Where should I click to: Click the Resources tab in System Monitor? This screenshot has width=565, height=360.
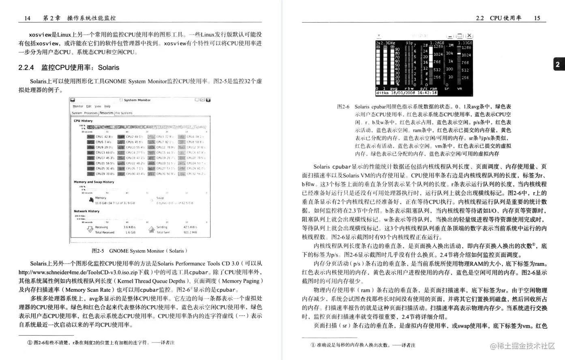106,113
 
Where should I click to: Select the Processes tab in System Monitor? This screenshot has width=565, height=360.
91,113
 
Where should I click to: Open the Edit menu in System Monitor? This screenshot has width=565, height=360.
88,106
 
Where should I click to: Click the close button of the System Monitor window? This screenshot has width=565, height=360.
208,100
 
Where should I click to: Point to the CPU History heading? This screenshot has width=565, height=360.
83,121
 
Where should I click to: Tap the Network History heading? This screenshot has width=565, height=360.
86,211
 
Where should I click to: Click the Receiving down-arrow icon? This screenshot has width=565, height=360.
90,229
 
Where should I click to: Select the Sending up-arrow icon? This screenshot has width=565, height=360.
151,229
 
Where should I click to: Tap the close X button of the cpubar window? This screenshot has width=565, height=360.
469,36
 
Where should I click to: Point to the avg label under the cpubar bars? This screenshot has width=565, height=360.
393,88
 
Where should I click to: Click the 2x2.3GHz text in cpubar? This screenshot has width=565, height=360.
385,43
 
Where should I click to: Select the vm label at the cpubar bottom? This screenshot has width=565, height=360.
460,88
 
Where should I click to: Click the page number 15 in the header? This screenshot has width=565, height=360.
537,18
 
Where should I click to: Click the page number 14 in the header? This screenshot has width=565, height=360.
28,18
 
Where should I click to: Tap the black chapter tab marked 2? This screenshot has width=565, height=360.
558,64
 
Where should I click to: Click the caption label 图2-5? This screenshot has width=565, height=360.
98,251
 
